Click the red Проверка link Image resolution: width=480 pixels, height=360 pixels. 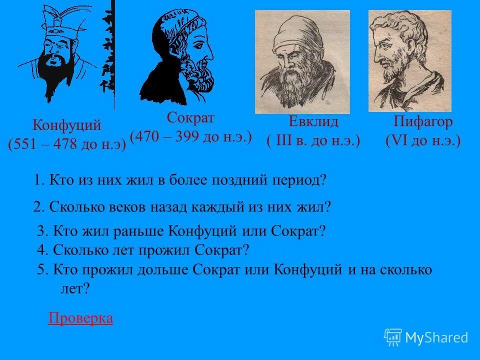[80, 318]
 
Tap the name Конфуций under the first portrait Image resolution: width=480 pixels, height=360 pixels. [67, 125]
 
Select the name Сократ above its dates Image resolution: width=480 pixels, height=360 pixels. [190, 118]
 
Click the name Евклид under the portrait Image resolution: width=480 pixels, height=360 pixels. [313, 122]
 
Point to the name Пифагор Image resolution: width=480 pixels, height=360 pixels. [423, 122]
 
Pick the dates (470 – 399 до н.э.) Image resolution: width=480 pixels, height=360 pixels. [190, 136]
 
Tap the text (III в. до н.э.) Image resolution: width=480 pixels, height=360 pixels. [313, 141]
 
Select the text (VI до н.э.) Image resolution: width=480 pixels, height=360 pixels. [423, 141]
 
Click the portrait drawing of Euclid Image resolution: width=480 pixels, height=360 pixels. [302, 61]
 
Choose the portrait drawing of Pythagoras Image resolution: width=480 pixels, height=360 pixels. [410, 60]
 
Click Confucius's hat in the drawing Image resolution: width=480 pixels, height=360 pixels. [55, 20]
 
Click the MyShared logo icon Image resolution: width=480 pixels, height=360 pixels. [392, 337]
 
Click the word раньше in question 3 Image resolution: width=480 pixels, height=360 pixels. [143, 231]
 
